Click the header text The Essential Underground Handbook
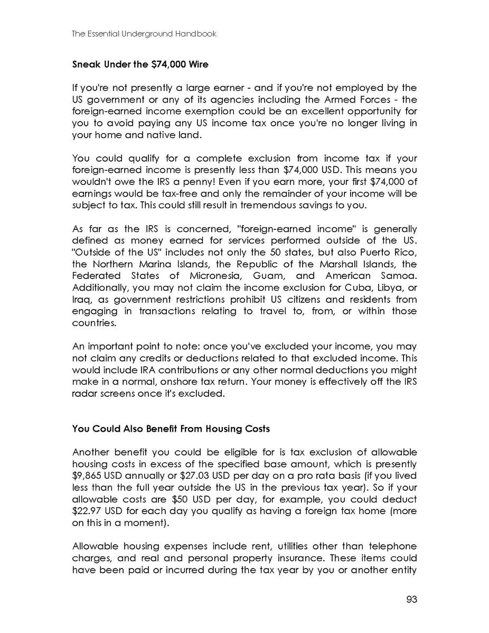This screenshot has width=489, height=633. point(144,34)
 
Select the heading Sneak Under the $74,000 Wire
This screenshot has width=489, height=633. point(140,64)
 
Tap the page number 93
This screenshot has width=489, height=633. point(411,599)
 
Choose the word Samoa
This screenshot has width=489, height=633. point(399,275)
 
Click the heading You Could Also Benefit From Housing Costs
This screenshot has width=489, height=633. point(171,429)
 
